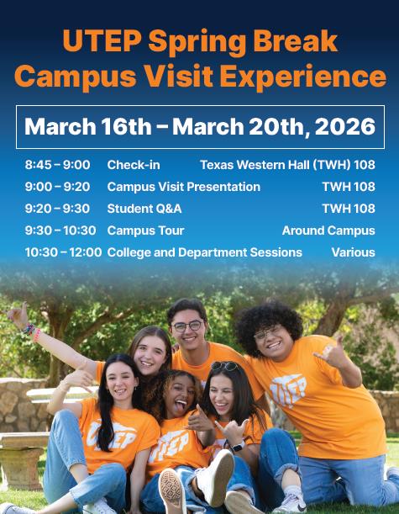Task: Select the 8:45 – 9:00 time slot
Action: [x=57, y=165]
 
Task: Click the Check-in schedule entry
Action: [x=134, y=165]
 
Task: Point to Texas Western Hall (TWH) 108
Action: [x=287, y=165]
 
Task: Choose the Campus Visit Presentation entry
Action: [x=184, y=187]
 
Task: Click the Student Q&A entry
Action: [x=144, y=209]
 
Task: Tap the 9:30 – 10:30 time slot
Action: [x=60, y=231]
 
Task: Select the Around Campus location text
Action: [x=328, y=231]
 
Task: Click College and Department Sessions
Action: [x=205, y=252]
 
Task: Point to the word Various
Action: [x=353, y=252]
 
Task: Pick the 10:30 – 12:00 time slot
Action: [x=63, y=252]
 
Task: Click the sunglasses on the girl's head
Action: [x=224, y=367]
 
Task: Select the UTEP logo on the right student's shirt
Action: [x=287, y=389]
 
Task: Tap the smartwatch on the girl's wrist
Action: [x=236, y=446]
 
